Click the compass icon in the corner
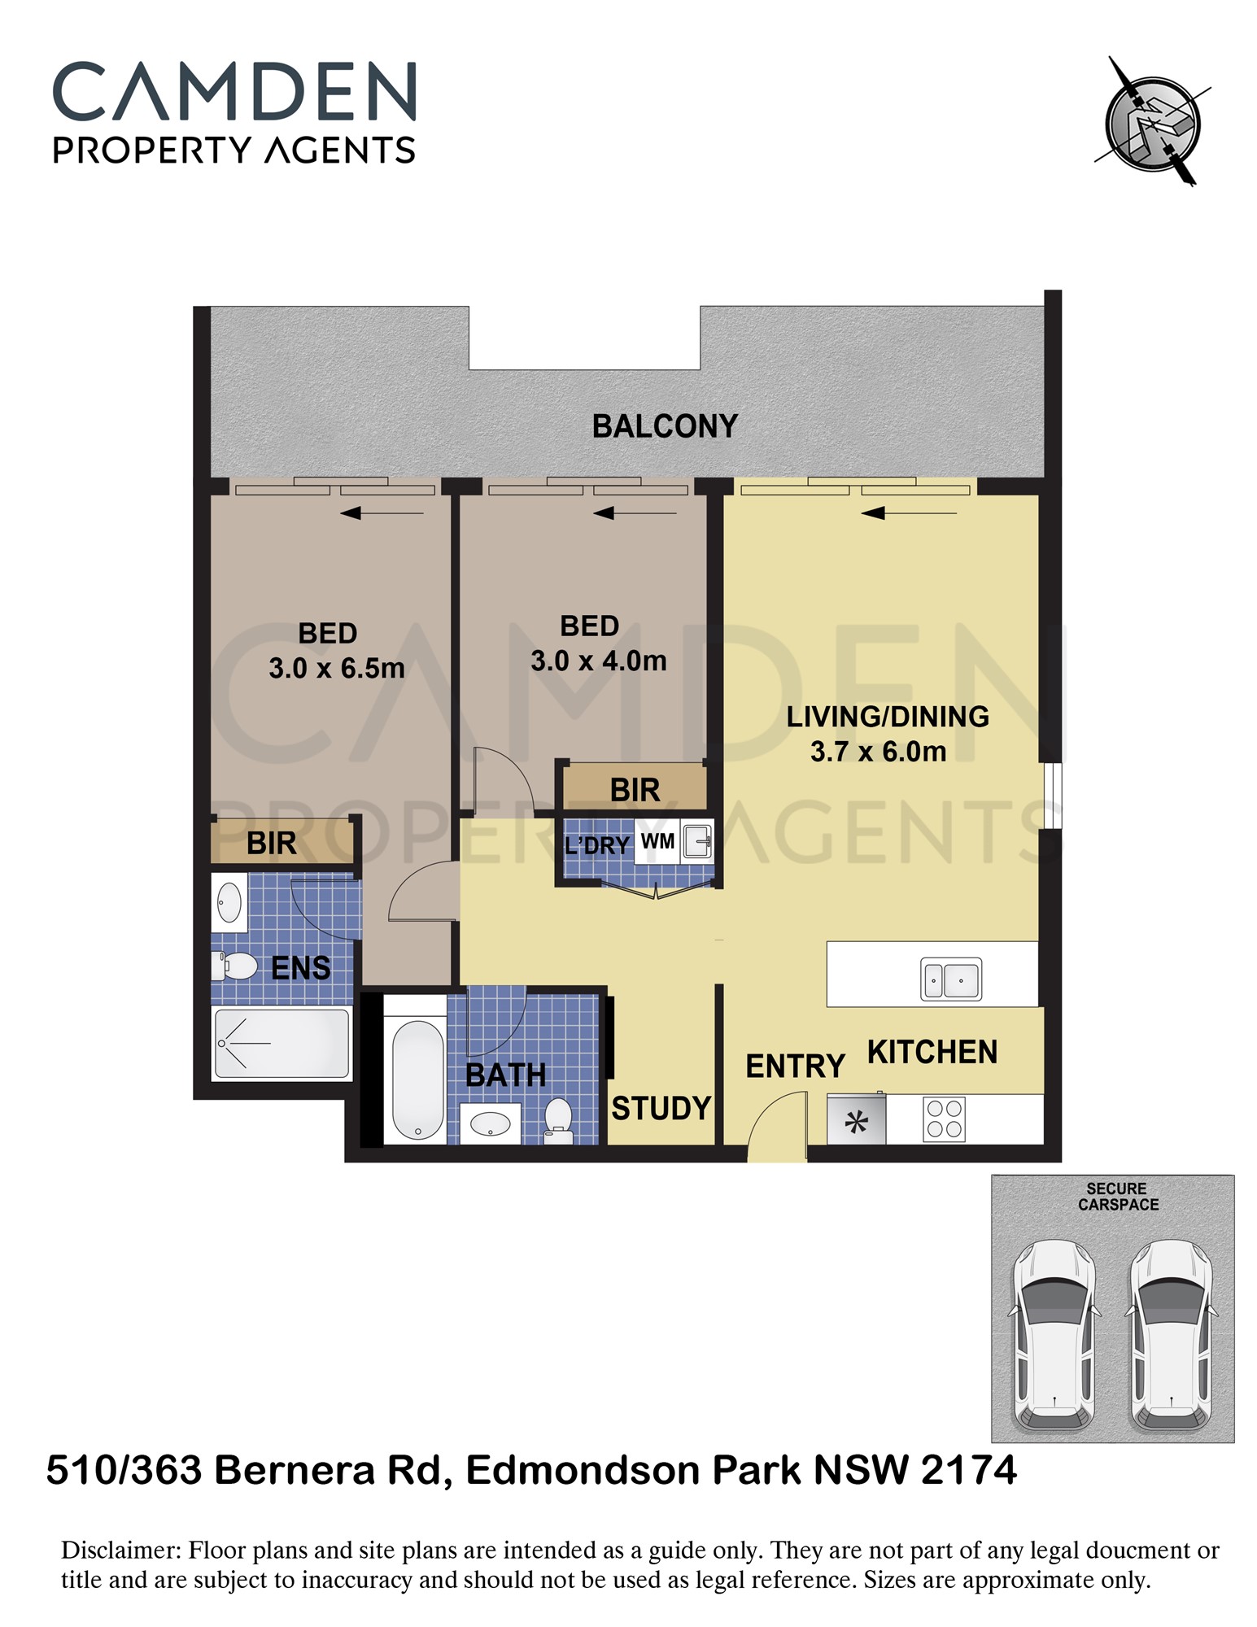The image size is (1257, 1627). [x=1152, y=122]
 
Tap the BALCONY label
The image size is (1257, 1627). [x=665, y=426]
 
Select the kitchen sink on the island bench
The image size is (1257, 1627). [x=951, y=979]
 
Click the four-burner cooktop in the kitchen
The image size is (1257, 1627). [x=944, y=1119]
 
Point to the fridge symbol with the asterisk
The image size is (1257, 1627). [x=856, y=1120]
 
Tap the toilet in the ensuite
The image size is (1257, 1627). [x=234, y=966]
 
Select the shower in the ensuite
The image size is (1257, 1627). [x=282, y=1043]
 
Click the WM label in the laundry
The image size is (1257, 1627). [x=657, y=841]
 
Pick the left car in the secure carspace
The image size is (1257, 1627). [x=1054, y=1336]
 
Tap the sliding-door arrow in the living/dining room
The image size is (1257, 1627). [x=909, y=513]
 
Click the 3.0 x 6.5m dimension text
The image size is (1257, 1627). [x=336, y=669]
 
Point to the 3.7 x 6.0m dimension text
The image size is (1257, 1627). [x=878, y=752]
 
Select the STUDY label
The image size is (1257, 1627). [x=661, y=1108]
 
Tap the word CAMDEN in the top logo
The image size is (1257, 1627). [x=234, y=92]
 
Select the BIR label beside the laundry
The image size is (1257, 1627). [x=635, y=790]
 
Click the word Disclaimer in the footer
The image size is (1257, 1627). [x=120, y=1551]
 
